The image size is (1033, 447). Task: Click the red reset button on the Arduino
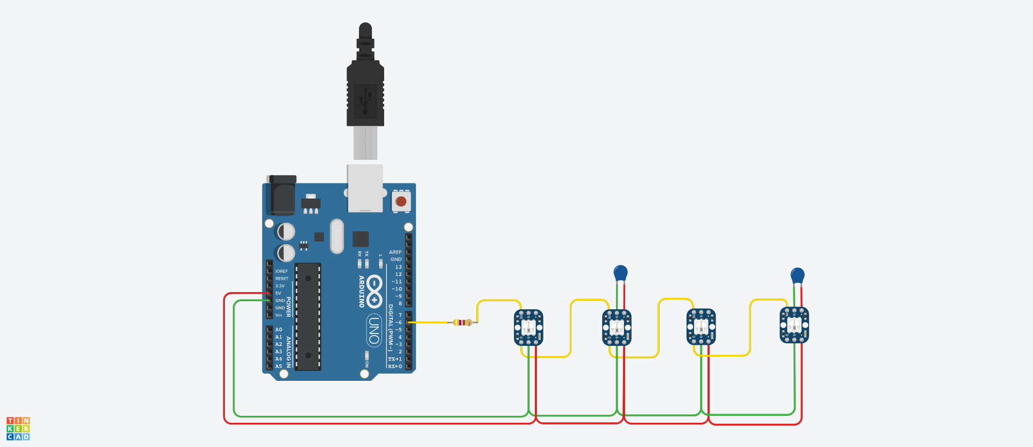tap(401, 202)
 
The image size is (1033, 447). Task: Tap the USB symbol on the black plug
tap(365, 101)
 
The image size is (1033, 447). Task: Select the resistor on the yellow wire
tap(463, 322)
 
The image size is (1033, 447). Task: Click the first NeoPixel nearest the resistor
tap(528, 327)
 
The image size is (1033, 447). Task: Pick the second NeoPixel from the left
tap(617, 327)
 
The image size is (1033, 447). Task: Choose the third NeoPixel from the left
tap(701, 327)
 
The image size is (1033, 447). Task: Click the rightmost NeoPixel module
tap(794, 325)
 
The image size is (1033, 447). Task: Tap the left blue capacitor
tap(620, 273)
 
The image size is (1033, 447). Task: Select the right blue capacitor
tap(797, 275)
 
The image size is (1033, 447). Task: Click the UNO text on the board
tap(374, 330)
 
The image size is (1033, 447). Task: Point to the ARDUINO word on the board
tap(362, 291)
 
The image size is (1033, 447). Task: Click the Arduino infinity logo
tap(374, 291)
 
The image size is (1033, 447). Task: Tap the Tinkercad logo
tap(18, 429)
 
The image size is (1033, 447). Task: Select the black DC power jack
tap(281, 196)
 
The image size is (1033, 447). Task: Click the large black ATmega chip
tap(308, 316)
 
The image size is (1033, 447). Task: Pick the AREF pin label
tap(395, 252)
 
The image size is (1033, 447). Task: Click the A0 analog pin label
tap(279, 330)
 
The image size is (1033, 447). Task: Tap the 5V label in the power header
tap(278, 293)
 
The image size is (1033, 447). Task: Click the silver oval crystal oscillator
tap(337, 236)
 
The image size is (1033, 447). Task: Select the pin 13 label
tap(398, 267)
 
